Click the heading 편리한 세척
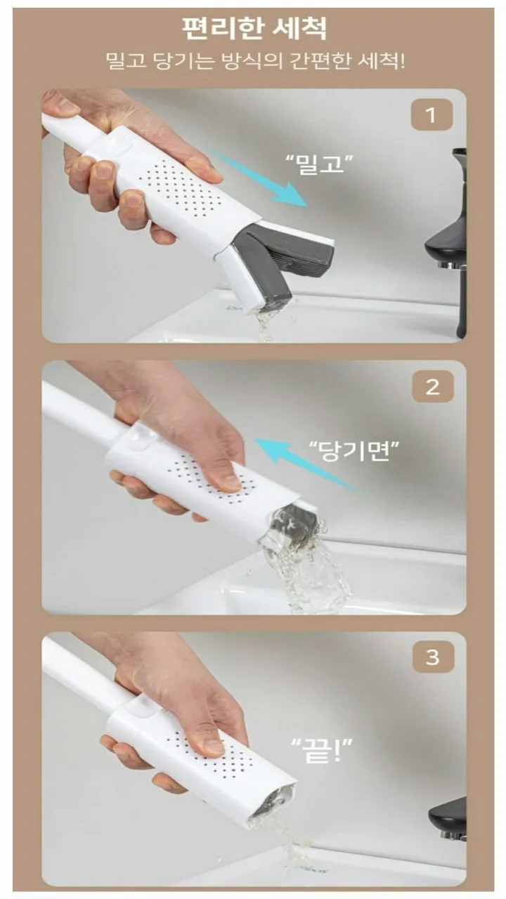coord(254,28)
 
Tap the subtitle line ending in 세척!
coord(255,61)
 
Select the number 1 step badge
coord(432,115)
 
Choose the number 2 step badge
coord(432,387)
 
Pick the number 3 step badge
coord(433,657)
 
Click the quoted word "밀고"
coord(319,164)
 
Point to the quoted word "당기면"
coord(353,451)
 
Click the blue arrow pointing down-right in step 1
coord(259,178)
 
